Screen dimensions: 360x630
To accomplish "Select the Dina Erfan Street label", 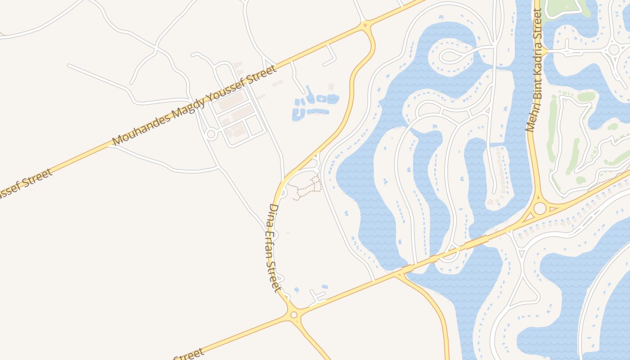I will click(274, 247).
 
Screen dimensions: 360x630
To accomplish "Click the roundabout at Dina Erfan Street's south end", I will click(294, 315).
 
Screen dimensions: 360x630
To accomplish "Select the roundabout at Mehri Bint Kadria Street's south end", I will click(540, 208).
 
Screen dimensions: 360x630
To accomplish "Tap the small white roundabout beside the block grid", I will click(211, 134).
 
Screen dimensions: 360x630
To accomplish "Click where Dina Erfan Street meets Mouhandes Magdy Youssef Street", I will click(365, 25).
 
